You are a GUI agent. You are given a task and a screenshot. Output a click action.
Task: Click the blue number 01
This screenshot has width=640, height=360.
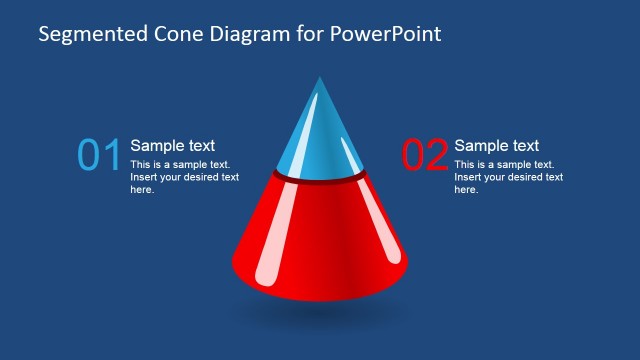coord(99,155)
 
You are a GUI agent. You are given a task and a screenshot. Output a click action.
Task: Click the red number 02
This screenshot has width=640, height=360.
coord(424,155)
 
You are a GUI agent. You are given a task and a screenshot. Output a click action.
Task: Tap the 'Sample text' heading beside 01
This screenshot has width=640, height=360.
coord(172,145)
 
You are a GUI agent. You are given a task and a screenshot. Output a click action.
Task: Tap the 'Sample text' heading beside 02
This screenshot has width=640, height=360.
coord(496,145)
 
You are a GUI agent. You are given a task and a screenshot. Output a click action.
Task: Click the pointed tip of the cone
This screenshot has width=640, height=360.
coord(320,79)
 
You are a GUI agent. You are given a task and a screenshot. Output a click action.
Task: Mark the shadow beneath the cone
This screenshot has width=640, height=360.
coord(320,312)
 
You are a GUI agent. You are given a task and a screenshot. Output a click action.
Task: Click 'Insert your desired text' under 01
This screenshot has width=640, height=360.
coord(184,177)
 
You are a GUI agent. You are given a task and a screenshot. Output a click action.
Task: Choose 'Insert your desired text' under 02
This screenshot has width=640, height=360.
coord(508,177)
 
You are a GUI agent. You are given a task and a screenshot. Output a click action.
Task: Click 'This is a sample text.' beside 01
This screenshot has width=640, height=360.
coord(180,164)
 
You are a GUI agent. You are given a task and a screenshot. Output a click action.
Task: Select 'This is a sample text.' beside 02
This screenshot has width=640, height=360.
coord(504,164)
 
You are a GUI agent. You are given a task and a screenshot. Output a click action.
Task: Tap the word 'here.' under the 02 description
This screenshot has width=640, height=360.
coord(466,189)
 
